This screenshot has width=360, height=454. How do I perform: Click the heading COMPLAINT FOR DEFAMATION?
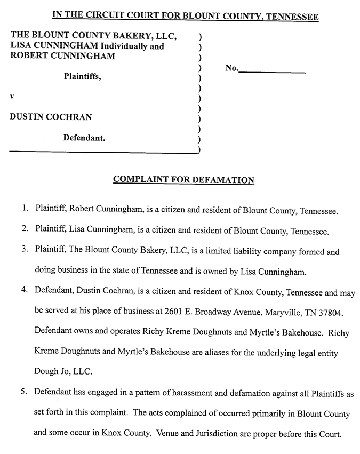pyautogui.click(x=183, y=180)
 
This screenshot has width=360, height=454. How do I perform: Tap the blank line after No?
pyautogui.click(x=272, y=70)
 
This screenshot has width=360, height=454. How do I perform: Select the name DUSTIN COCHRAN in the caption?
pyautogui.click(x=47, y=117)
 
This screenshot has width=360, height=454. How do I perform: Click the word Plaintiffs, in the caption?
pyautogui.click(x=82, y=76)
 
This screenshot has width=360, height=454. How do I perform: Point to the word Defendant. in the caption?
pyautogui.click(x=84, y=138)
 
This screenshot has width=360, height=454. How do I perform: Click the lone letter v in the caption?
pyautogui.click(x=12, y=97)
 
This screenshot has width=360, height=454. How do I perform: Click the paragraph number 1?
pyautogui.click(x=25, y=210)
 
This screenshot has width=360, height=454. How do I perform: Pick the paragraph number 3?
pyautogui.click(x=25, y=251)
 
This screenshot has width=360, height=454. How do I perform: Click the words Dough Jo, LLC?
pyautogui.click(x=60, y=372)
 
